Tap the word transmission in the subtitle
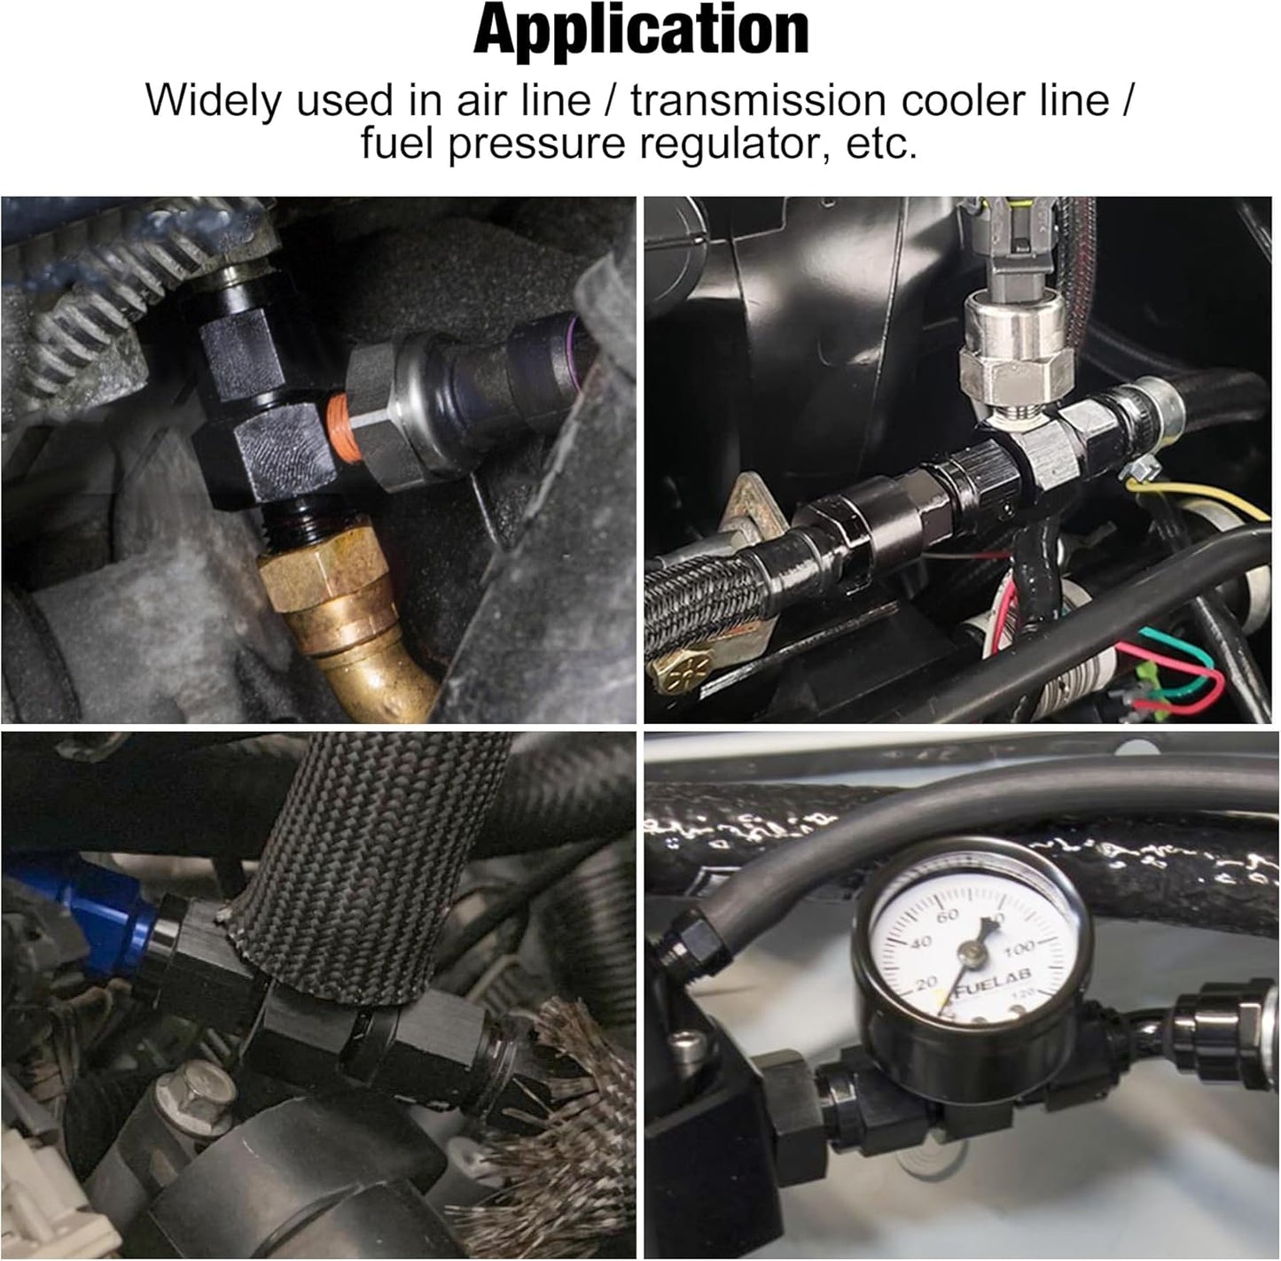758,101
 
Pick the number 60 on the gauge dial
947,915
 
